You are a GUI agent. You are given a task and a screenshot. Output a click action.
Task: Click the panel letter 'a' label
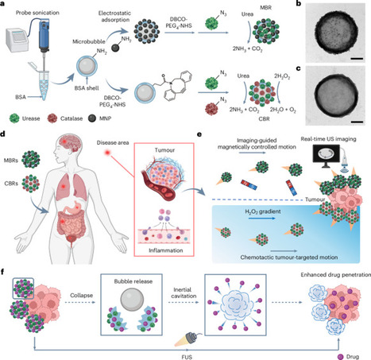[5, 6]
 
